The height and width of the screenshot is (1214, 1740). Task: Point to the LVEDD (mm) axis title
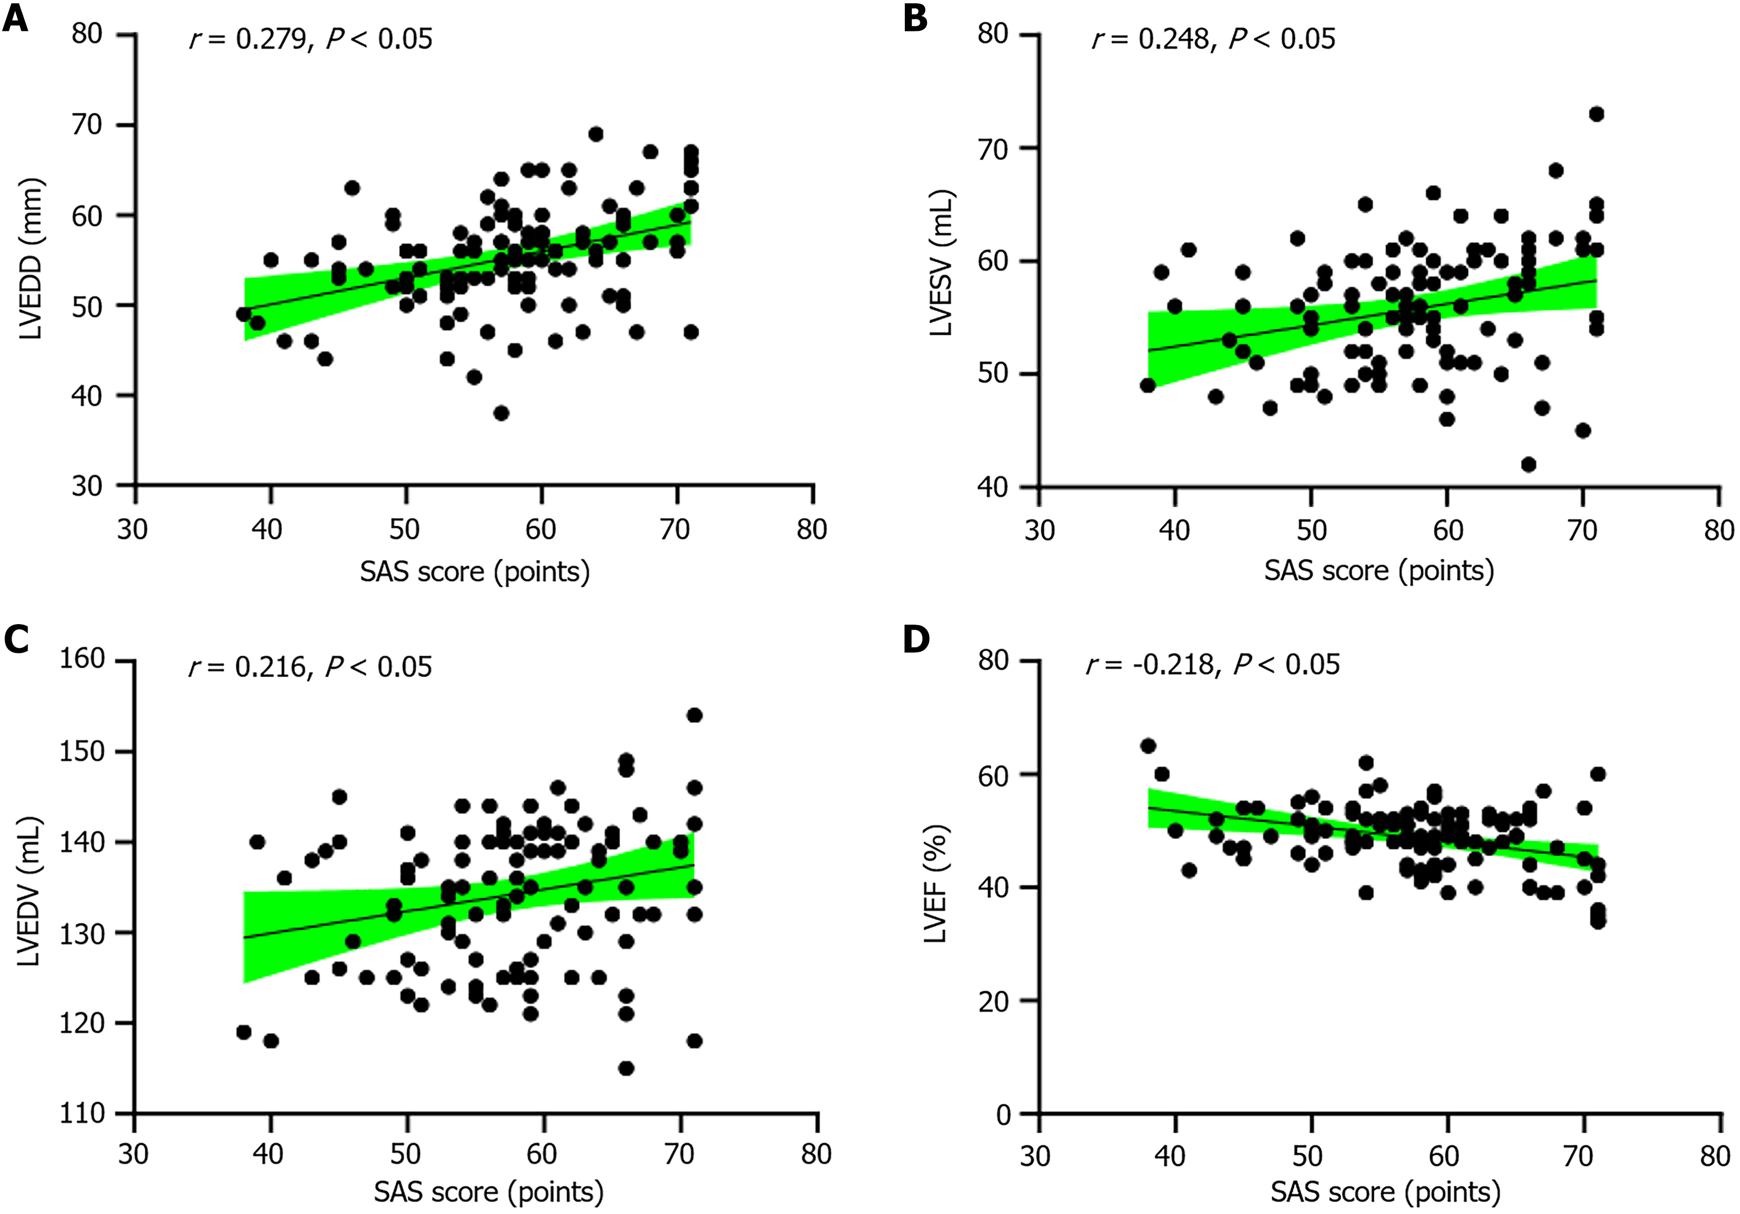pos(30,259)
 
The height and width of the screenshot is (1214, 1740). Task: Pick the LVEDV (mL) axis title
pos(29,890)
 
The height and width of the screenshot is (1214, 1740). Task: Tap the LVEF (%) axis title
pos(937,884)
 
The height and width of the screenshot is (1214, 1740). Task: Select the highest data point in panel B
pos(1596,114)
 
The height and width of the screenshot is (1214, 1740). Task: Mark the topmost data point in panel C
pos(694,715)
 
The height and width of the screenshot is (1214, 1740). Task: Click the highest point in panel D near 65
pos(1148,746)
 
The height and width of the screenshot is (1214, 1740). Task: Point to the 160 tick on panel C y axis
pos(83,659)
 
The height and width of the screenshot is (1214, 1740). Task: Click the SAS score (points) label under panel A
pos(474,571)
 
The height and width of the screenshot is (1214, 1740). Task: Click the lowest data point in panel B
pos(1528,464)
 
